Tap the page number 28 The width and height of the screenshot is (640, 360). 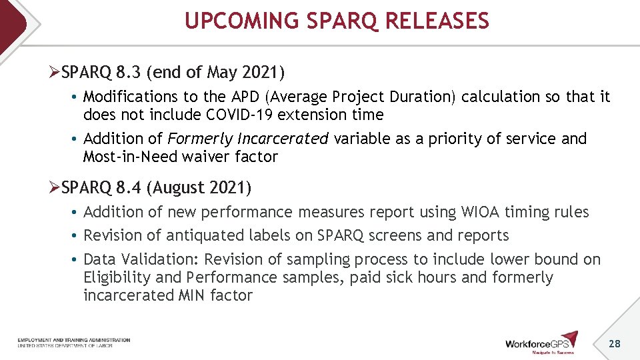[614, 343]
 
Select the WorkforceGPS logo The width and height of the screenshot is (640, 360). [541, 342]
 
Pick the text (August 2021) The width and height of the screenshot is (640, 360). [201, 188]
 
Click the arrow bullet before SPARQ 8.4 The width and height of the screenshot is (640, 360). [55, 188]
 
